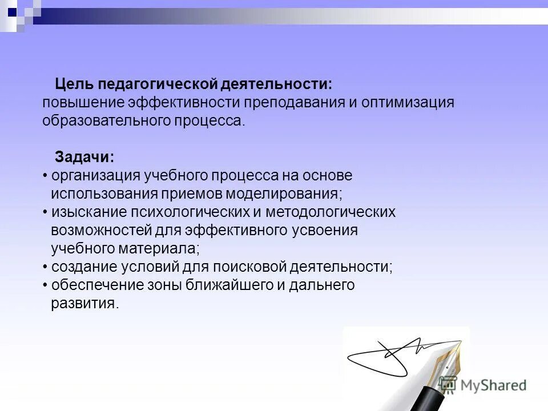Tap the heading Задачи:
tap(84, 157)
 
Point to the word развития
tap(84, 304)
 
